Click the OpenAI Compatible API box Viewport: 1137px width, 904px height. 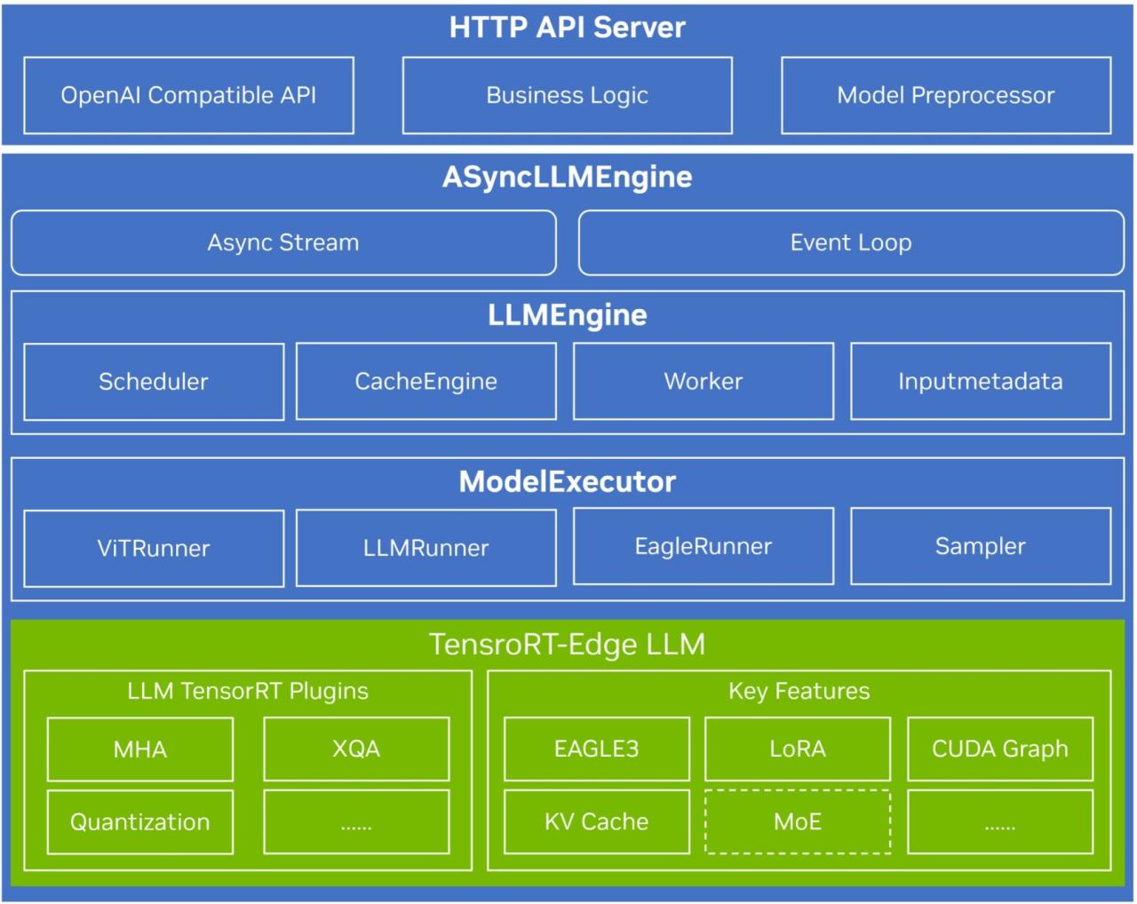188,95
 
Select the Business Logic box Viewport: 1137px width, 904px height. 567,95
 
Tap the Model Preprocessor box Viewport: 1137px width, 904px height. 946,95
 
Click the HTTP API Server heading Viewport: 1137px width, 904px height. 567,27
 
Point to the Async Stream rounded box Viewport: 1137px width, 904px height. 283,242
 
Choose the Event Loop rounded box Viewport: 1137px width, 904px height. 851,242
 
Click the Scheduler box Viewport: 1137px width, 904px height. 154,382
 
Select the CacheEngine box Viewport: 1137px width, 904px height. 425,381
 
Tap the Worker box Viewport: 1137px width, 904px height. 704,381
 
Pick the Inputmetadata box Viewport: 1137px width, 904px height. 981,381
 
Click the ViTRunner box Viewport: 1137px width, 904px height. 154,549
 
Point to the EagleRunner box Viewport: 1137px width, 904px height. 704,546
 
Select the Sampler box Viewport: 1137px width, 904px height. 981,546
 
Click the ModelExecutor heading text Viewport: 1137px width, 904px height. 567,481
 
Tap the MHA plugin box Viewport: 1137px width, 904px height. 140,749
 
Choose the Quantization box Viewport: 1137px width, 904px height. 140,822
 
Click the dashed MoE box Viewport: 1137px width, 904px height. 798,821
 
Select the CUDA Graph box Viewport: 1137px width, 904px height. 1000,749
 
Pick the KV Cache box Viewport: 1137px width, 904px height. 597,821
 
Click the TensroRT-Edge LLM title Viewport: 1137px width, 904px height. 567,644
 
